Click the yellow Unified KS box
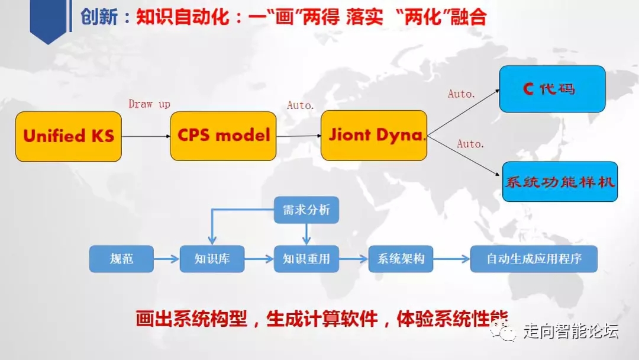pyautogui.click(x=69, y=136)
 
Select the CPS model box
pyautogui.click(x=223, y=135)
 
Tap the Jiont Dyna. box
pyautogui.click(x=374, y=135)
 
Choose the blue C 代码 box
pyautogui.click(x=552, y=89)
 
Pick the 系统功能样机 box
pyautogui.click(x=560, y=182)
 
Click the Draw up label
pyautogui.click(x=149, y=104)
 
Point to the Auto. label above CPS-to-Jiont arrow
pyautogui.click(x=300, y=105)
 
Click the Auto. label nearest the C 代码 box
pyautogui.click(x=461, y=94)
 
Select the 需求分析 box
pyautogui.click(x=306, y=210)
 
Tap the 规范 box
pyautogui.click(x=121, y=259)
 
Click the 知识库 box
pyautogui.click(x=212, y=259)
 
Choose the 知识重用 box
pyautogui.click(x=306, y=259)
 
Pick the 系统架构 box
pyautogui.click(x=401, y=259)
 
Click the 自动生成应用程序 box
pyautogui.click(x=534, y=259)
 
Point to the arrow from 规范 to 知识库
pyautogui.click(x=166, y=259)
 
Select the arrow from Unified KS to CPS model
pyautogui.click(x=146, y=136)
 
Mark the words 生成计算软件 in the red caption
pyautogui.click(x=322, y=319)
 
